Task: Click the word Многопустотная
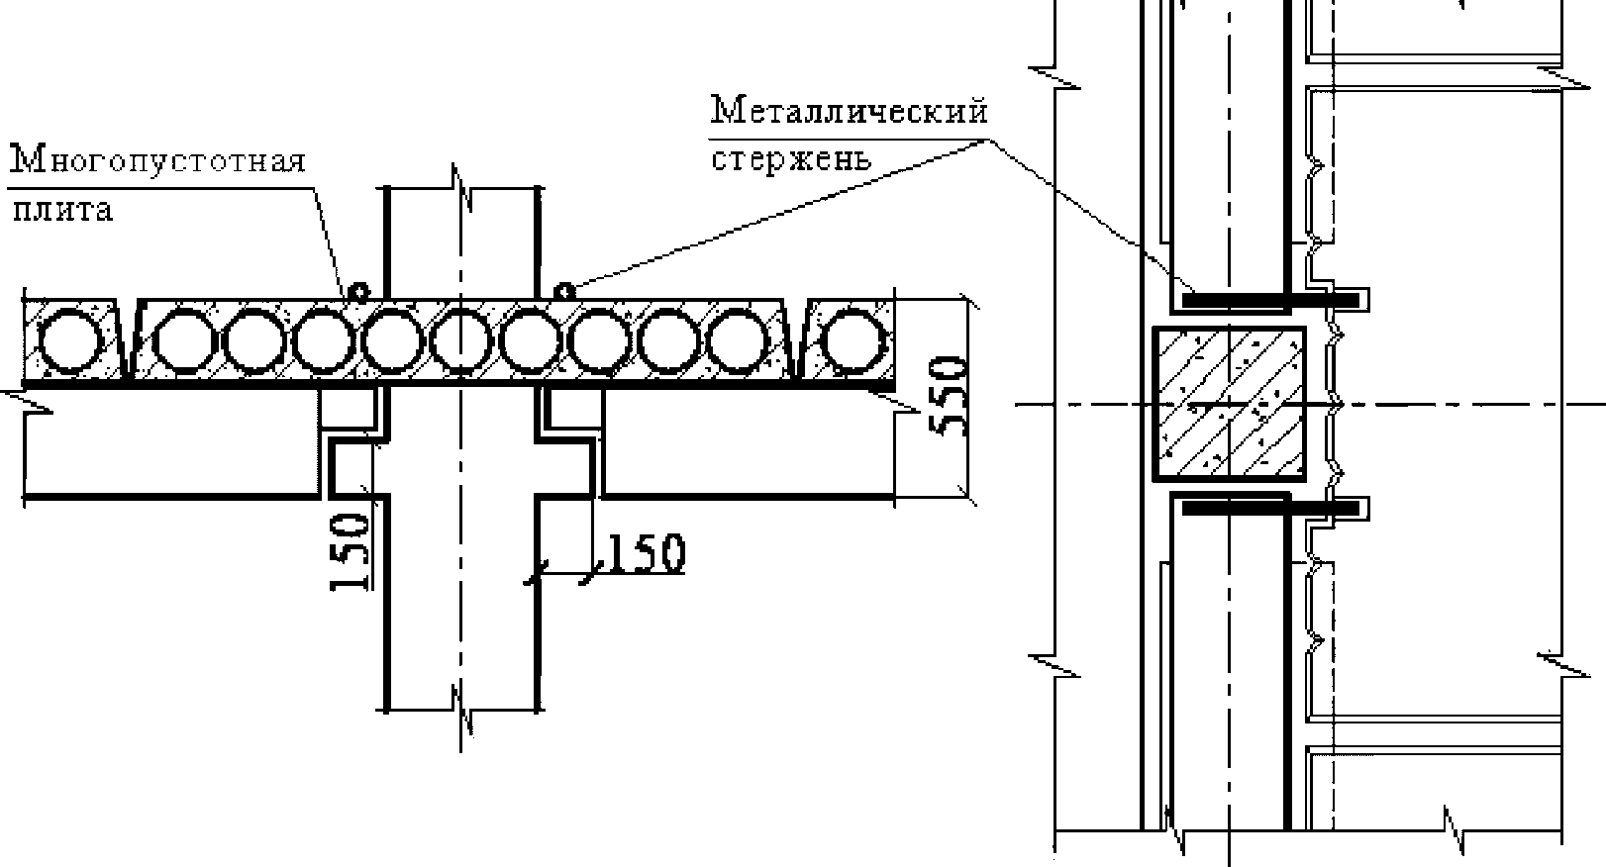(157, 160)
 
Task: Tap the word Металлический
(849, 110)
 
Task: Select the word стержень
(791, 159)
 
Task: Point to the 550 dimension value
(949, 396)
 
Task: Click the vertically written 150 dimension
(351, 551)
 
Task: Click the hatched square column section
(1229, 404)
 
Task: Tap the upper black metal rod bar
(1270, 300)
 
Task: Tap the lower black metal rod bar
(1270, 508)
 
